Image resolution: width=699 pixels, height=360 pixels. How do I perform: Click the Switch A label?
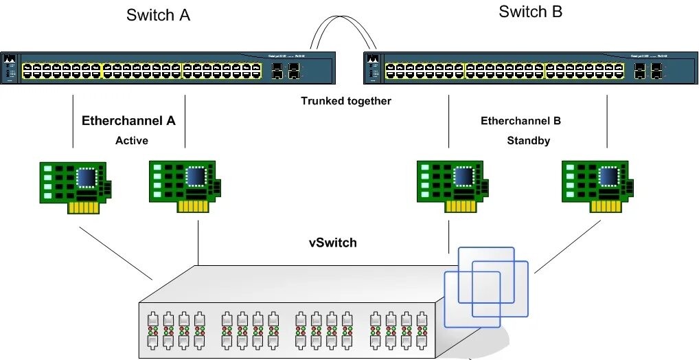(x=158, y=16)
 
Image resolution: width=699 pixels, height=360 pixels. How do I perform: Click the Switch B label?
(x=530, y=12)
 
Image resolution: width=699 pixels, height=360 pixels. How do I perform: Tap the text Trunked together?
(x=345, y=101)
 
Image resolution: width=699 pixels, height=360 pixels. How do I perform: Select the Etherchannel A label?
(x=128, y=121)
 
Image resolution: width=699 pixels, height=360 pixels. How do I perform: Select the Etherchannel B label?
(x=520, y=121)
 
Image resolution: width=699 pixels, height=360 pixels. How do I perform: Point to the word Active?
(x=131, y=141)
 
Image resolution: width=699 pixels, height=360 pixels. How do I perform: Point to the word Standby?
(x=528, y=141)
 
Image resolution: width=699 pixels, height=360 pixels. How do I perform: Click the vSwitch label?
(x=332, y=243)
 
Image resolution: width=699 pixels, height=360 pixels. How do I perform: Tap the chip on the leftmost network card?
(x=88, y=177)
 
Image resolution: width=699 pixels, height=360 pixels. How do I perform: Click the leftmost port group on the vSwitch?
(x=174, y=329)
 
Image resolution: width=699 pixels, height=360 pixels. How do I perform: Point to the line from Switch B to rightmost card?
(x=608, y=121)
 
